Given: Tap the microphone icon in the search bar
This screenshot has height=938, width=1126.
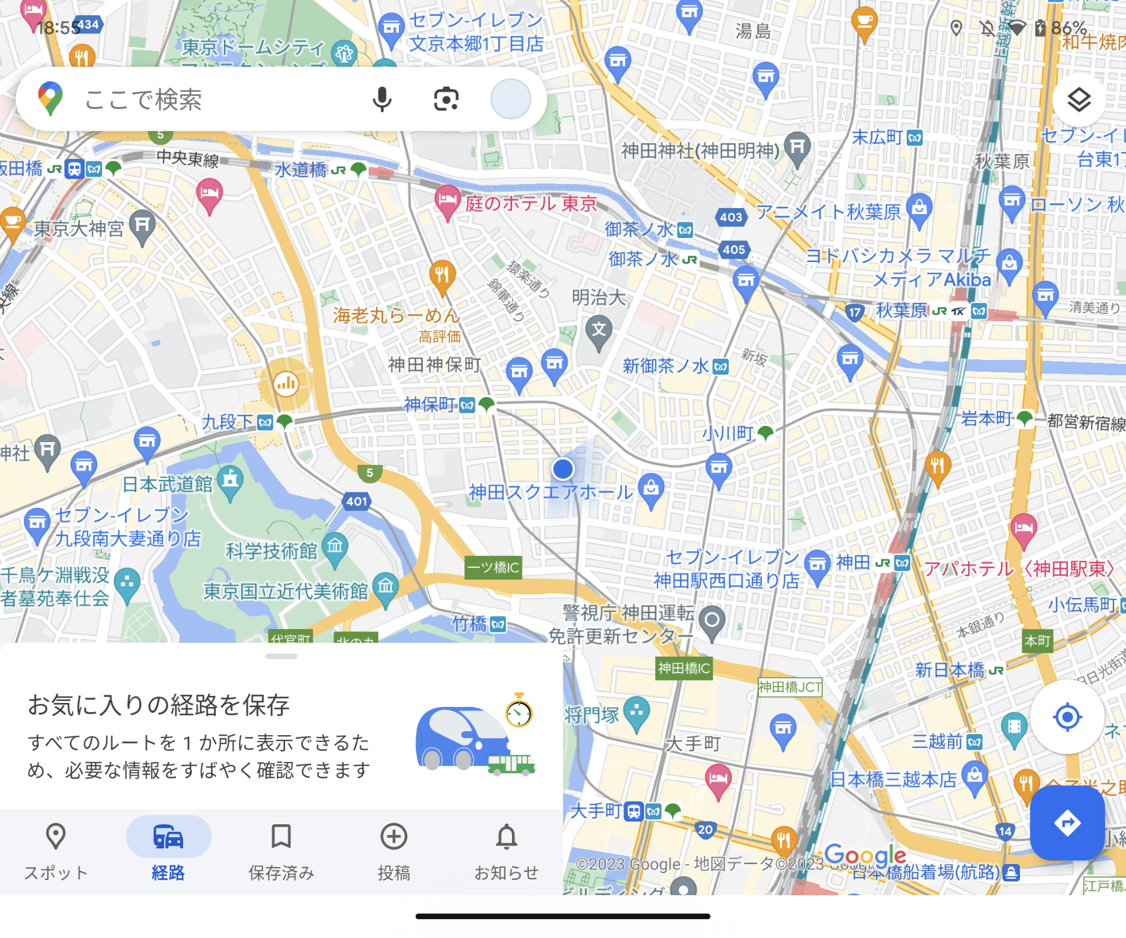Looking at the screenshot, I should click(x=382, y=99).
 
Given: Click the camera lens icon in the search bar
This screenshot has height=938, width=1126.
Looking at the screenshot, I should click(x=446, y=99).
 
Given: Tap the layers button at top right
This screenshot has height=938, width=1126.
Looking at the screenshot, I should click(x=1078, y=100).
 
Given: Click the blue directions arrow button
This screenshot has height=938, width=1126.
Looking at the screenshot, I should click(x=1067, y=823).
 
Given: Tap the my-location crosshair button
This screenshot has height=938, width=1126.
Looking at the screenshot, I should click(x=1067, y=716).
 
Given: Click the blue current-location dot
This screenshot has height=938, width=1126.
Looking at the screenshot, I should click(x=563, y=469).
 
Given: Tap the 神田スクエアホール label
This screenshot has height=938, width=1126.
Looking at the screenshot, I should click(x=551, y=492).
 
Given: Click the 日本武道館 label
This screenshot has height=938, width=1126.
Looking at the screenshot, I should click(x=168, y=484).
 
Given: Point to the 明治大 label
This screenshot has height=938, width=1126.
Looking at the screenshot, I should click(x=599, y=298).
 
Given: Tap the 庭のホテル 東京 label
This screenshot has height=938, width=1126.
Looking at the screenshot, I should click(x=531, y=204).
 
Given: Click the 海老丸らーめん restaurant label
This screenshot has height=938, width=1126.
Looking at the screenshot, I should click(x=396, y=316).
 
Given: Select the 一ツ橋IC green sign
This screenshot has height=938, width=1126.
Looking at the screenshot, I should click(x=493, y=567).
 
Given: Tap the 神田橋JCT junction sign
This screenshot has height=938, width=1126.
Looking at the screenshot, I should click(x=790, y=687).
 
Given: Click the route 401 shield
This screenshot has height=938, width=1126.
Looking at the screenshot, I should click(x=357, y=501).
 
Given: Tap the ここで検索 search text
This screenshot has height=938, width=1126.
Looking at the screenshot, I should click(x=144, y=100).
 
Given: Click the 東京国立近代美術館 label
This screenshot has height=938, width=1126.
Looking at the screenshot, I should click(x=286, y=592).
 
